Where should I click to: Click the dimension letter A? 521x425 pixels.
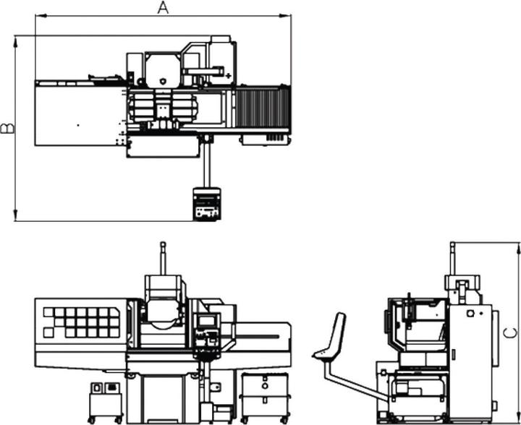[x=163, y=8]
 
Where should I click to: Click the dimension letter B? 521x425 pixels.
[x=7, y=129]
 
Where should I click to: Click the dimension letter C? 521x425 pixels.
[x=510, y=332]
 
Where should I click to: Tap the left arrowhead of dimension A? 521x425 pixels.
[x=41, y=16]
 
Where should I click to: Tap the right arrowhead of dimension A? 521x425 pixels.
[x=285, y=16]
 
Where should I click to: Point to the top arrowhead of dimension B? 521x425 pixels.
[x=15, y=42]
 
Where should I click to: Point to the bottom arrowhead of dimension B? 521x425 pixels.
[x=15, y=215]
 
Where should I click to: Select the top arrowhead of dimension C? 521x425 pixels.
[x=517, y=249]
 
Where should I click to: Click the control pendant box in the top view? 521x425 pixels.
[x=207, y=204]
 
